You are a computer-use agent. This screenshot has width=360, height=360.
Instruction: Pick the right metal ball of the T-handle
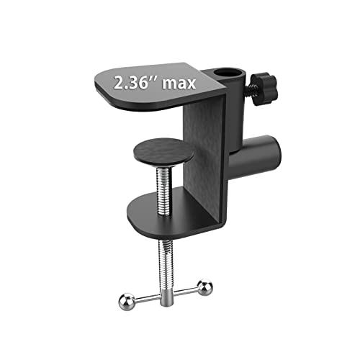pos(204,286)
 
